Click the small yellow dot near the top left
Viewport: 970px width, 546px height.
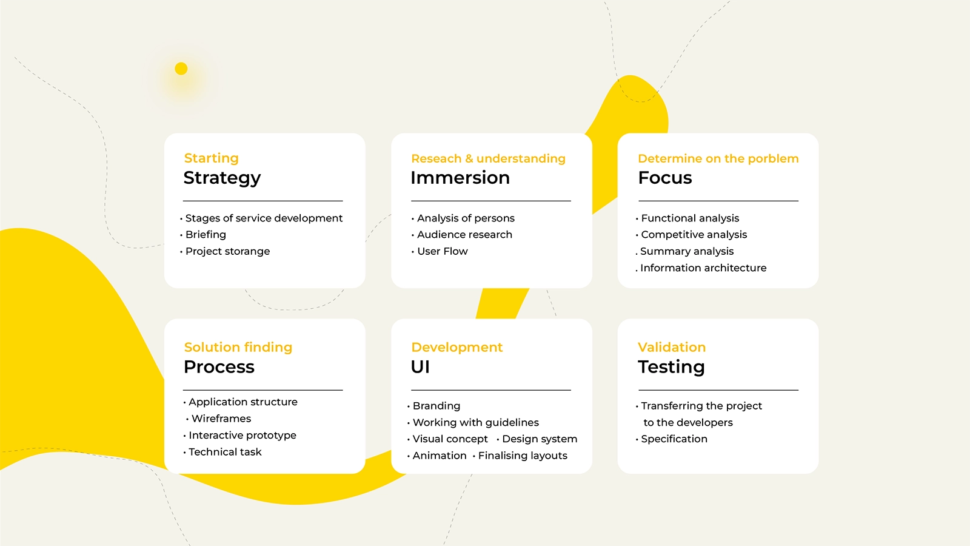coord(181,69)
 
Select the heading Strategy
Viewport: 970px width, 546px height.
coord(222,178)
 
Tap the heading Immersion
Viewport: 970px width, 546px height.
coord(460,178)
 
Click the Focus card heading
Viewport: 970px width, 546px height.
coord(664,178)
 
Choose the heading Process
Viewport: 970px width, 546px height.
coord(219,366)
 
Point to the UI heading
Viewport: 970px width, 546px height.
coord(420,366)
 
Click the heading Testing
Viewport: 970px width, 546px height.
coord(671,368)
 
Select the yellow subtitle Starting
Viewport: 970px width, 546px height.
coord(212,158)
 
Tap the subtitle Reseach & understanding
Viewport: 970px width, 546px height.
coord(488,158)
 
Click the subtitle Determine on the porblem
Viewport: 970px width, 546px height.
coord(718,158)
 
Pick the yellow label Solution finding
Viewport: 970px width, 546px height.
coord(238,347)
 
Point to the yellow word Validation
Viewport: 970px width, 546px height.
coord(672,347)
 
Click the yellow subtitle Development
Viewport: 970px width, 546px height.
coord(457,347)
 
